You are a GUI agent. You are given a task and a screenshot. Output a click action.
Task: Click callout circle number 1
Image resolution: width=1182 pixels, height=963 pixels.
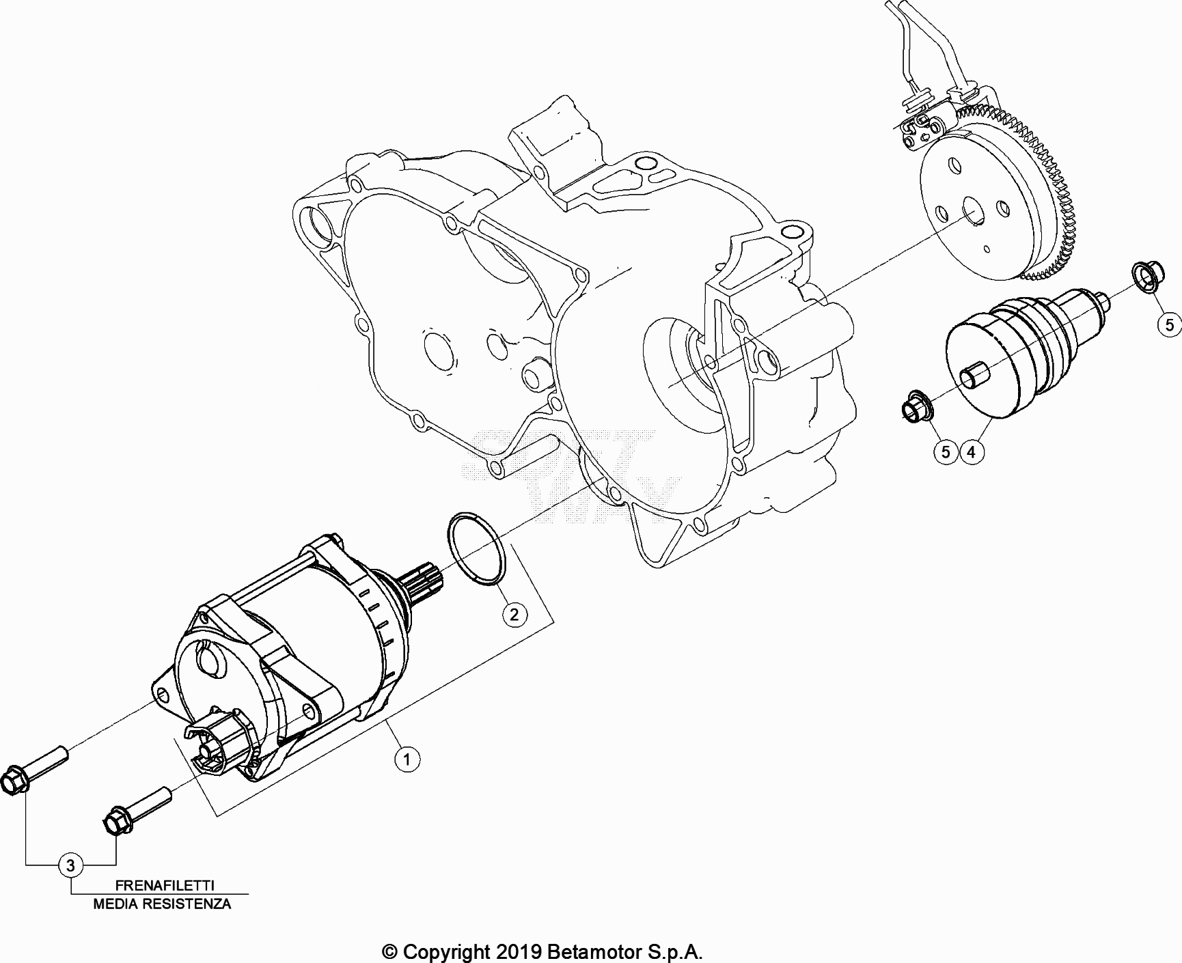pyautogui.click(x=407, y=759)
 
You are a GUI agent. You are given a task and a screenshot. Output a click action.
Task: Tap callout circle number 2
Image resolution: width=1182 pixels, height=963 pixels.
pyautogui.click(x=514, y=614)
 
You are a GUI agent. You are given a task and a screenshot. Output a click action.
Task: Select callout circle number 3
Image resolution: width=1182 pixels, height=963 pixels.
pyautogui.click(x=70, y=866)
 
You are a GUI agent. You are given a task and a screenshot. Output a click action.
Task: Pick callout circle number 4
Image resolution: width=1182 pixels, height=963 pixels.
pyautogui.click(x=972, y=451)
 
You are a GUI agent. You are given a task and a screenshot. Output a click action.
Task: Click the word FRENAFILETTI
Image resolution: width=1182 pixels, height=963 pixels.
pyautogui.click(x=165, y=885)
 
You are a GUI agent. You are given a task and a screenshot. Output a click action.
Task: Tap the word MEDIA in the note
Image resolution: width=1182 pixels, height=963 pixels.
pyautogui.click(x=115, y=904)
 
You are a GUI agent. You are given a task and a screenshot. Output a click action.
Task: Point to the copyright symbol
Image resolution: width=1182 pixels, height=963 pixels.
pyautogui.click(x=389, y=951)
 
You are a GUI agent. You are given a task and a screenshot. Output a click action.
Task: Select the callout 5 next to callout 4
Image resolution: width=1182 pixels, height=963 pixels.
pyautogui.click(x=946, y=451)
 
